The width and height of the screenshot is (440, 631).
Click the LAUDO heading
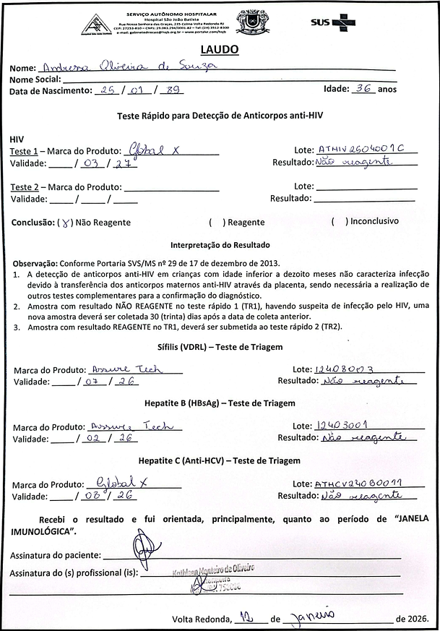click(218, 50)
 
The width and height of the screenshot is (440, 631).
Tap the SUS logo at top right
click(333, 22)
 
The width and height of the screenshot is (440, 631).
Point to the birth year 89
click(174, 90)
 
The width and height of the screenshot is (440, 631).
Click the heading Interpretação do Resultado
click(219, 245)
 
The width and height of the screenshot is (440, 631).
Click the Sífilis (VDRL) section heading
click(219, 347)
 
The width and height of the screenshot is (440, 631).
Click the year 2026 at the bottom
click(417, 619)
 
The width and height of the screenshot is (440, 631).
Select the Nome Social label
click(35, 79)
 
